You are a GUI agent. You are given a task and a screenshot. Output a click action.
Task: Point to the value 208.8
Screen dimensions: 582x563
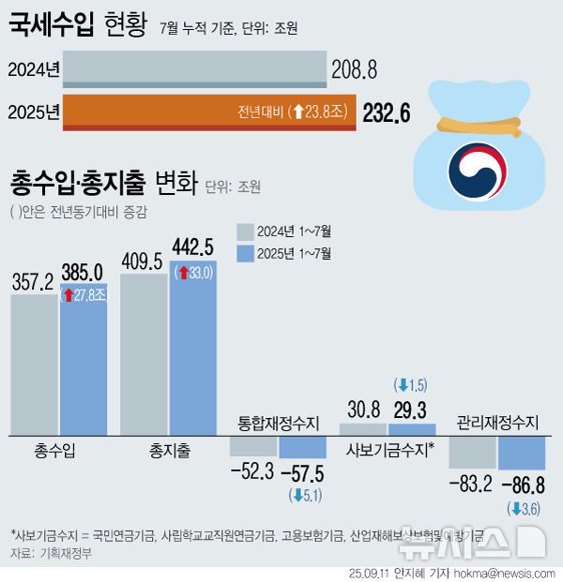point(354,69)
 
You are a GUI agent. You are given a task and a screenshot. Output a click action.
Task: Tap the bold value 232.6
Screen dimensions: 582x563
point(387,113)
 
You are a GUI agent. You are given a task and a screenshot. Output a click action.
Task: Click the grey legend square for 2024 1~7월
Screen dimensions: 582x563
point(246,231)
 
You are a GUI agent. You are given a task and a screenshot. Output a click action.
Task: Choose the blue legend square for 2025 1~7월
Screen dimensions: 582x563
point(246,253)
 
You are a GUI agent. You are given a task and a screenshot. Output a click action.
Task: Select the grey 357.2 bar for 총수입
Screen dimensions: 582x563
point(34,365)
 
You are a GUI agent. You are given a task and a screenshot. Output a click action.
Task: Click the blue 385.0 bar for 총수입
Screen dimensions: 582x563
point(84,366)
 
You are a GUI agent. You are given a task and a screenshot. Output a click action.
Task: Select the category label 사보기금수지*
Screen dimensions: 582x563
point(390,451)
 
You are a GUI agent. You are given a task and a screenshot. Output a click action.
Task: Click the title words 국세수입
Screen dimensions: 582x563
point(50,25)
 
